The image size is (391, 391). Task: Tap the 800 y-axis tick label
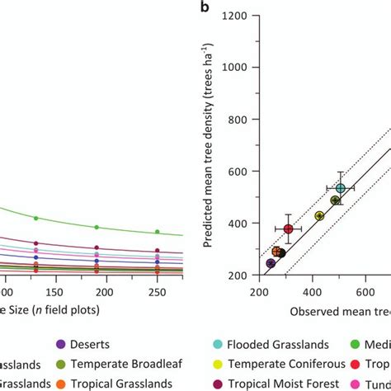(238, 120)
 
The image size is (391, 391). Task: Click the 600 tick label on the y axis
(238, 172)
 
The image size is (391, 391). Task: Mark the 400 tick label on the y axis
(238, 224)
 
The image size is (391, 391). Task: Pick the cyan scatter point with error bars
(340, 189)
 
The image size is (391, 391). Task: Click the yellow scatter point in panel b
(319, 216)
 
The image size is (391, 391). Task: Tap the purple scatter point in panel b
(271, 264)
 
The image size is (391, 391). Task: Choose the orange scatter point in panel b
(276, 252)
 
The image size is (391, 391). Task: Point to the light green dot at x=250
(158, 232)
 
